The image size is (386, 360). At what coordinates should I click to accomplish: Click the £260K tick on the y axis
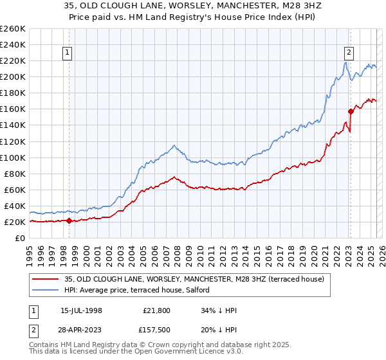click(13, 29)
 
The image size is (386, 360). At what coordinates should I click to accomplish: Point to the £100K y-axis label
click(13, 157)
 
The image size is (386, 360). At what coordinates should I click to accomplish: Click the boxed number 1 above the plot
click(68, 53)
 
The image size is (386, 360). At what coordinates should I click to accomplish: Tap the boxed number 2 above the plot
click(349, 53)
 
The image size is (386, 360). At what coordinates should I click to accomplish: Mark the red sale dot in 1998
click(69, 221)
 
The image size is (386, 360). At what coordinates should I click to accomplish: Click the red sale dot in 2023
click(351, 111)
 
